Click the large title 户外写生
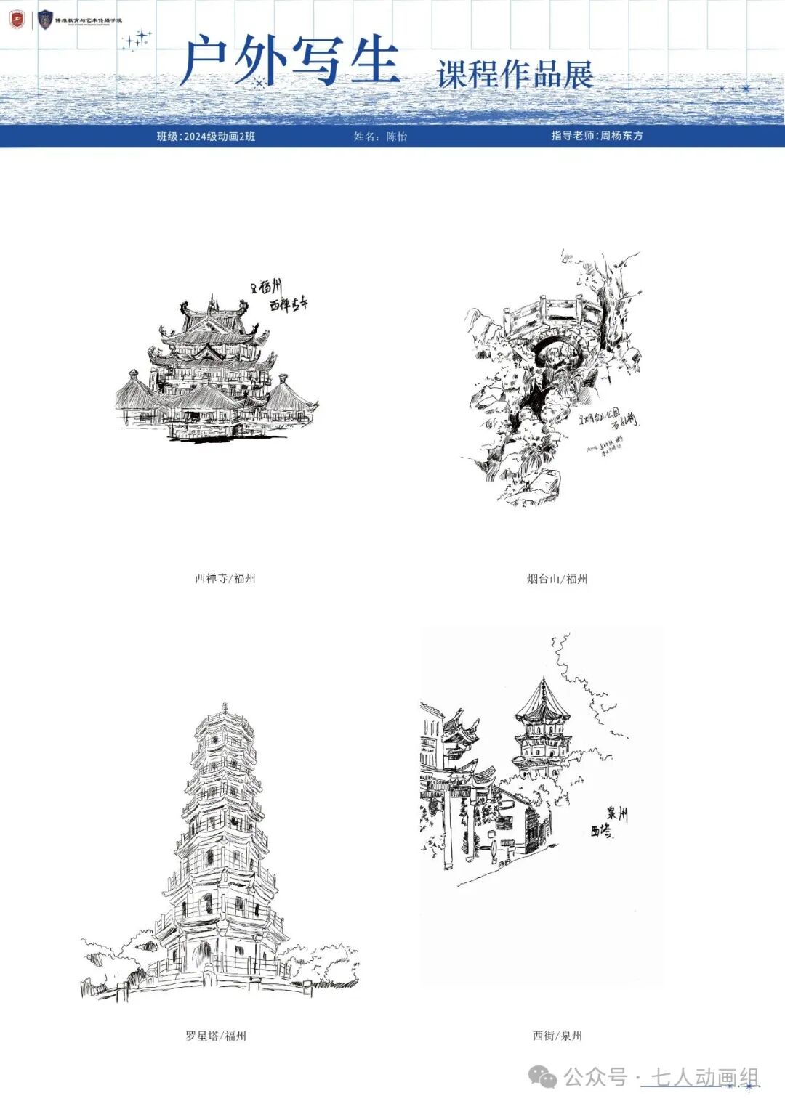291,61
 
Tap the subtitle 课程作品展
515,75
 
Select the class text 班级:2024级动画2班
206,137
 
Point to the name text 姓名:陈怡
380,137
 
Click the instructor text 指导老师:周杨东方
597,136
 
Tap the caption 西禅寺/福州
225,579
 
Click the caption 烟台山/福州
557,579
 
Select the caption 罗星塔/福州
215,1036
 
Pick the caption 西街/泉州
557,1036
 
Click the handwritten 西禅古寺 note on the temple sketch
289,305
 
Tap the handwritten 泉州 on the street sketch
617,814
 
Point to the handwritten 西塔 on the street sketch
601,831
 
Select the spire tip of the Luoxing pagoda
225,705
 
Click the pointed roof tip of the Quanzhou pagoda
543,680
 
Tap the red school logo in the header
17,20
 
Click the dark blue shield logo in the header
46,20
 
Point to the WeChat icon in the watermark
543,1077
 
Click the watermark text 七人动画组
704,1077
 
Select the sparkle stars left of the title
137,39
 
